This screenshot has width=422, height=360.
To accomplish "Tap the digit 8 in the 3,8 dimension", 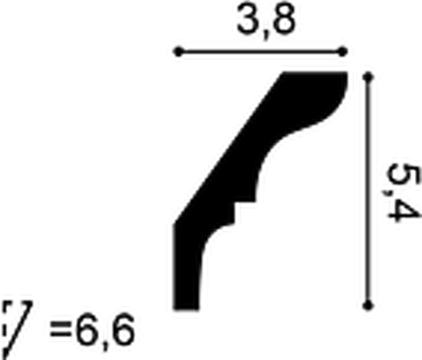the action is click(x=283, y=18).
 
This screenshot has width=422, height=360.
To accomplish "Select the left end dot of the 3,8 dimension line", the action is click(x=178, y=52).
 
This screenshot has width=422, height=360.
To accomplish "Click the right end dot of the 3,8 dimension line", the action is click(x=342, y=52).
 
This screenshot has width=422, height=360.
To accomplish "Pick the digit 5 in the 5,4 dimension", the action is click(x=403, y=175).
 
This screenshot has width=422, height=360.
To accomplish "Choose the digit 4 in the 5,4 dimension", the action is click(x=404, y=210).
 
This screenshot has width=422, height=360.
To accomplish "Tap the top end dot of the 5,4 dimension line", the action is click(x=368, y=77).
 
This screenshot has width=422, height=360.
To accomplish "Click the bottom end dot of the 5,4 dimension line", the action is click(x=368, y=306).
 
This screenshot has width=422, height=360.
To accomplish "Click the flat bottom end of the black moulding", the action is click(x=186, y=308).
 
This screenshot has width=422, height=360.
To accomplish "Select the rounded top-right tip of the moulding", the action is click(x=344, y=82).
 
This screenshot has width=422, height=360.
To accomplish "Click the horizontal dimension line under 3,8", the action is click(x=261, y=52).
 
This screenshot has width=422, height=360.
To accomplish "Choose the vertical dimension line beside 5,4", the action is click(x=368, y=191).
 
